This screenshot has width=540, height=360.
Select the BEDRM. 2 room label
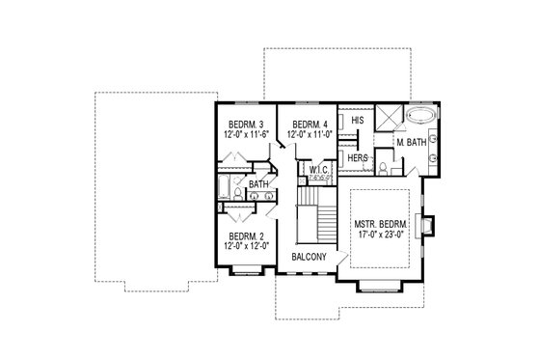(245, 235)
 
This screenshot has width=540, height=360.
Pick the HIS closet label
(357, 122)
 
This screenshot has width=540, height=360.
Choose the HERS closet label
(357, 157)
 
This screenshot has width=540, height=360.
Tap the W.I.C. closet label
(317, 170)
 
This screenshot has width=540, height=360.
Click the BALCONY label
(310, 257)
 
